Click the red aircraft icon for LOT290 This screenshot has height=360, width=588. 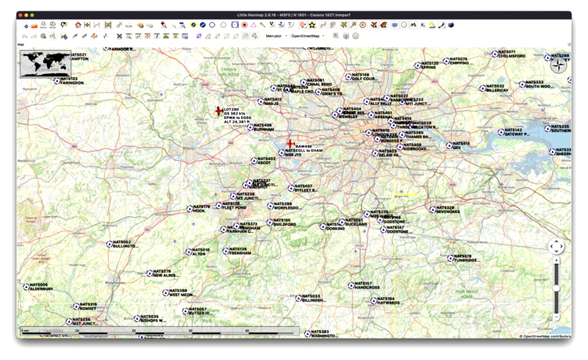pos(218,112)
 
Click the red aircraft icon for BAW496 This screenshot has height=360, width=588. pos(290,143)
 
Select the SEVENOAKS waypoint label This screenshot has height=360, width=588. pos(448,212)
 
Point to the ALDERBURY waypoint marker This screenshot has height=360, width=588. pos(26,287)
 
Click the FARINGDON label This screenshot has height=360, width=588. pos(72,82)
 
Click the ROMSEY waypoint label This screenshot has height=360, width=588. pos(87,309)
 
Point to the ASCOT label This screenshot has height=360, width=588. pos(266,162)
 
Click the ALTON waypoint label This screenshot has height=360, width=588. pos(199,253)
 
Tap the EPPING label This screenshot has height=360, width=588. pos(429,68)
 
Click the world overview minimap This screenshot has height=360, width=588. pos(45,65)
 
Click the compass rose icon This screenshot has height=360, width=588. pos(559,64)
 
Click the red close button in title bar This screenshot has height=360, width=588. pos(22,15)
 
